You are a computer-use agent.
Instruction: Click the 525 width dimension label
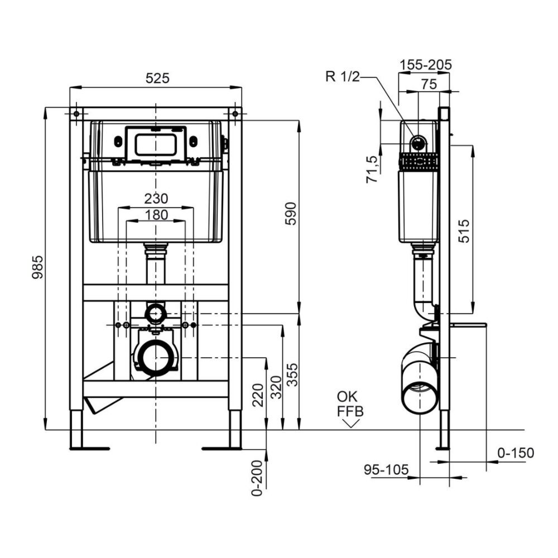pyautogui.click(x=158, y=78)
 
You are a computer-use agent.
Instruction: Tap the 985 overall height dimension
pyautogui.click(x=38, y=267)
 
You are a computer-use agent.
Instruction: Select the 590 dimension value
pyautogui.click(x=291, y=214)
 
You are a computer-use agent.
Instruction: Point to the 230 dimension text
pyautogui.click(x=156, y=199)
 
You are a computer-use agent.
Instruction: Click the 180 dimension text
pyautogui.click(x=156, y=215)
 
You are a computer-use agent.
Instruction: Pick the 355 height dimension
pyautogui.click(x=292, y=374)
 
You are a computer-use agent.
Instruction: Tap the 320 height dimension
pyautogui.click(x=276, y=387)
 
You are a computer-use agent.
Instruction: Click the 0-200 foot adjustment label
pyautogui.click(x=257, y=478)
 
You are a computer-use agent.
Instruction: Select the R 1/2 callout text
pyautogui.click(x=343, y=76)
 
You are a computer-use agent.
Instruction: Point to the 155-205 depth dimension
pyautogui.click(x=426, y=65)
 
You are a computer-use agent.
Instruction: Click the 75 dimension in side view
pyautogui.click(x=429, y=84)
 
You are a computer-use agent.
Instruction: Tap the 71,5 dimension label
pyautogui.click(x=372, y=170)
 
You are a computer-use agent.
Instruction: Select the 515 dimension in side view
pyautogui.click(x=464, y=231)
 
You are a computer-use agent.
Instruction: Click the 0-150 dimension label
pyautogui.click(x=516, y=453)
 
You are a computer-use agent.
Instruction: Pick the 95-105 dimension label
pyautogui.click(x=386, y=470)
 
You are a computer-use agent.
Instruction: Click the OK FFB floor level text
pyautogui.click(x=350, y=404)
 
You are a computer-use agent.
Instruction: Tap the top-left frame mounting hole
pyautogui.click(x=76, y=114)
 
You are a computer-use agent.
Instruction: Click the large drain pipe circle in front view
pyautogui.click(x=156, y=358)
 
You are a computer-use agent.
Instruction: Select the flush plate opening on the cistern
pyautogui.click(x=156, y=145)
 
